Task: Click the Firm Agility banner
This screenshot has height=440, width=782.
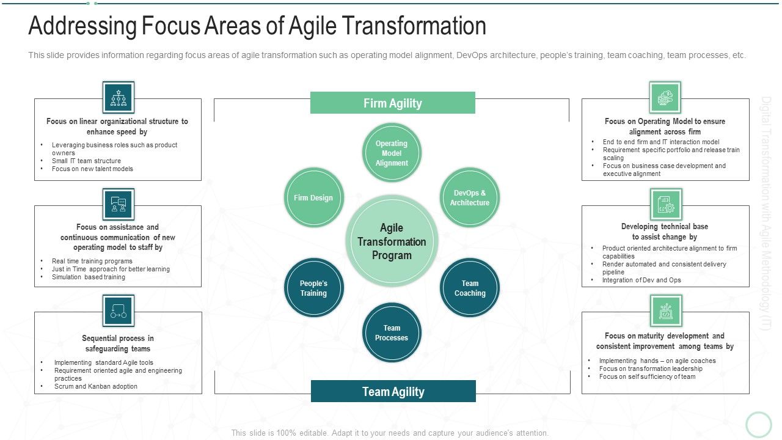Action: pos(392,103)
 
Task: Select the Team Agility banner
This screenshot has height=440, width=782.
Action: pos(393,391)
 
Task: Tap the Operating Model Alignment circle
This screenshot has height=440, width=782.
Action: pos(392,153)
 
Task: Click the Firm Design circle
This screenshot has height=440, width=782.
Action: pos(313,197)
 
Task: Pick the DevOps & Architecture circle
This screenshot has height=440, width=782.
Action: pos(469,197)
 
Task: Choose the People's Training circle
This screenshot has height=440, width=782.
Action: pos(313,288)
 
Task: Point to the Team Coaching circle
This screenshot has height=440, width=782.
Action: pos(470,288)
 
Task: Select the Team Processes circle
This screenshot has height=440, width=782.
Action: pos(392,332)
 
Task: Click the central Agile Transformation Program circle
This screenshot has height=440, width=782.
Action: pos(392,241)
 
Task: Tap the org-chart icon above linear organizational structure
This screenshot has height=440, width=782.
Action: pos(118,98)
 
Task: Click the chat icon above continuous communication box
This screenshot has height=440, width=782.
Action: pos(118,204)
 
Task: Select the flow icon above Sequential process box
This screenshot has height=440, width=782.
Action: pos(118,310)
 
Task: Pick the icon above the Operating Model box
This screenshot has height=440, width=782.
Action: pos(665,98)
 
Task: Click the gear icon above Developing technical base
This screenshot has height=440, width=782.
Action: pos(665,204)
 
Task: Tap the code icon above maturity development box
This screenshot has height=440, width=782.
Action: pos(665,310)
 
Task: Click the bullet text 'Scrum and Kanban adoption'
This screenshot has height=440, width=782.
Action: pos(95,386)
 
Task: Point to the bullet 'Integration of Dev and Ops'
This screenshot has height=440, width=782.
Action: pos(641,280)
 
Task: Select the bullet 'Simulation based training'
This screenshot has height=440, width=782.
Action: pos(89,277)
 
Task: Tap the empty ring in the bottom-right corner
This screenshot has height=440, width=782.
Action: pos(759,424)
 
